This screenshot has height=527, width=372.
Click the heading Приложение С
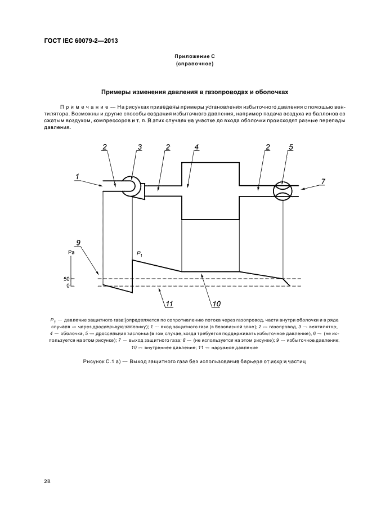[x=194, y=57]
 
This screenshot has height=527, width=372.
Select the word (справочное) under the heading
[x=194, y=65]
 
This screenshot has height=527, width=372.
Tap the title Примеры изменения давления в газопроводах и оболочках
[x=195, y=91]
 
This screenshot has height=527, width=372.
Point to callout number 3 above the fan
[x=140, y=147]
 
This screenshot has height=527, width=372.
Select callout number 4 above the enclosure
[x=196, y=147]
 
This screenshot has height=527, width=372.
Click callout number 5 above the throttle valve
[x=290, y=147]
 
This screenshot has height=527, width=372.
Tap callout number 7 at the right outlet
[x=323, y=181]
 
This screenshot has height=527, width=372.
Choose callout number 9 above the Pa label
[x=79, y=243]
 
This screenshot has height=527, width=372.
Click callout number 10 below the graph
[x=216, y=305]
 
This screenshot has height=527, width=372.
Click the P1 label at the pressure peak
[x=139, y=254]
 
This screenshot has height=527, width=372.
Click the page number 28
[x=47, y=481]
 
